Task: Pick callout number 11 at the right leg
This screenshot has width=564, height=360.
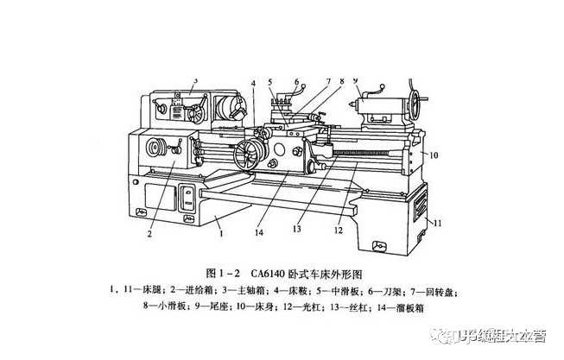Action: pos(438,223)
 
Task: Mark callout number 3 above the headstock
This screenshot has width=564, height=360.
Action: pos(196,80)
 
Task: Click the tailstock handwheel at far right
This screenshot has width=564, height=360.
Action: pos(421,103)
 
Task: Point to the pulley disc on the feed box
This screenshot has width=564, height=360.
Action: pos(156,148)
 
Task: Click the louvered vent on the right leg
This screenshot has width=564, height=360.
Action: pos(420,205)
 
